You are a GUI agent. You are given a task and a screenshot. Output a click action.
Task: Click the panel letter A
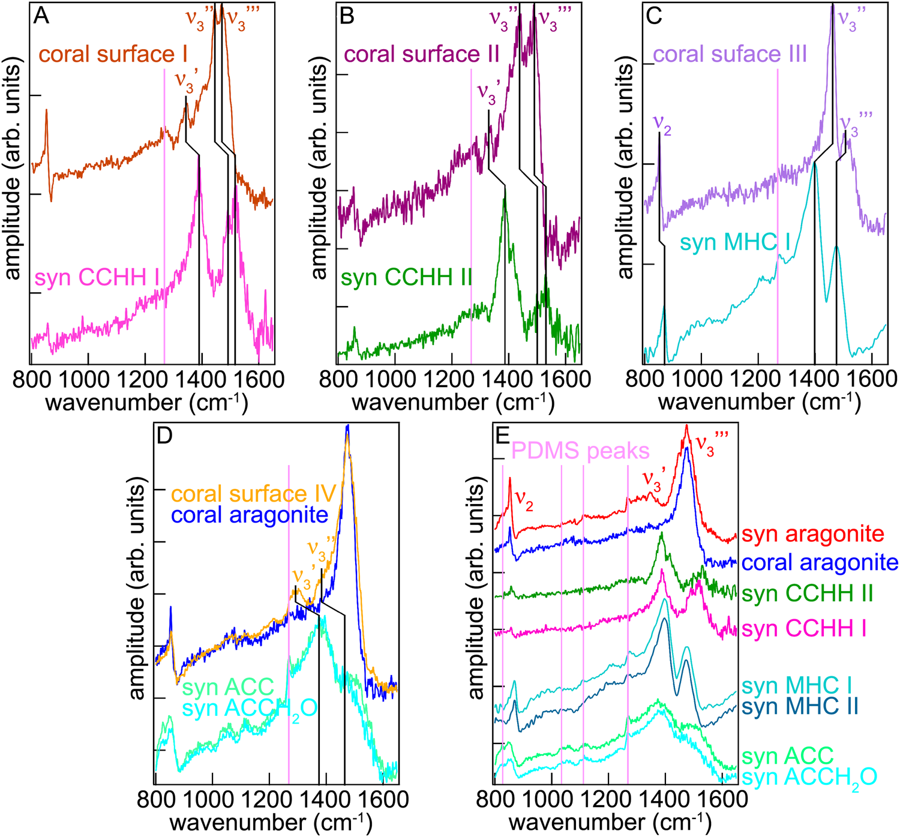pyautogui.click(x=41, y=16)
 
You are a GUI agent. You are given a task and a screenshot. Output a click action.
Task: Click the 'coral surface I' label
pyautogui.click(x=113, y=55)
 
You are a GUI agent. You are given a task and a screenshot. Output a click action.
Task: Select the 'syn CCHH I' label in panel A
pyautogui.click(x=97, y=278)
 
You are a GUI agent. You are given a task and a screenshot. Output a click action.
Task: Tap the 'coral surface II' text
pyautogui.click(x=422, y=55)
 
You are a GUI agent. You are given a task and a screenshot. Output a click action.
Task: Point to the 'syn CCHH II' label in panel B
pyautogui.click(x=406, y=278)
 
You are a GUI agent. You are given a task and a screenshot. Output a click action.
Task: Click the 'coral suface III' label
pyautogui.click(x=730, y=55)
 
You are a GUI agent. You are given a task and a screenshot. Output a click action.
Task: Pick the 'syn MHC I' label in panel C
pyautogui.click(x=735, y=243)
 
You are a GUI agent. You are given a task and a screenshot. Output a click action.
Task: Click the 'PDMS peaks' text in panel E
pyautogui.click(x=580, y=451)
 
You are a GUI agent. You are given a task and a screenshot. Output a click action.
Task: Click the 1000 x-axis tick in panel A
pyautogui.click(x=88, y=379)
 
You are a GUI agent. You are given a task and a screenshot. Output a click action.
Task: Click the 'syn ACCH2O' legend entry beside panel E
pyautogui.click(x=809, y=778)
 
